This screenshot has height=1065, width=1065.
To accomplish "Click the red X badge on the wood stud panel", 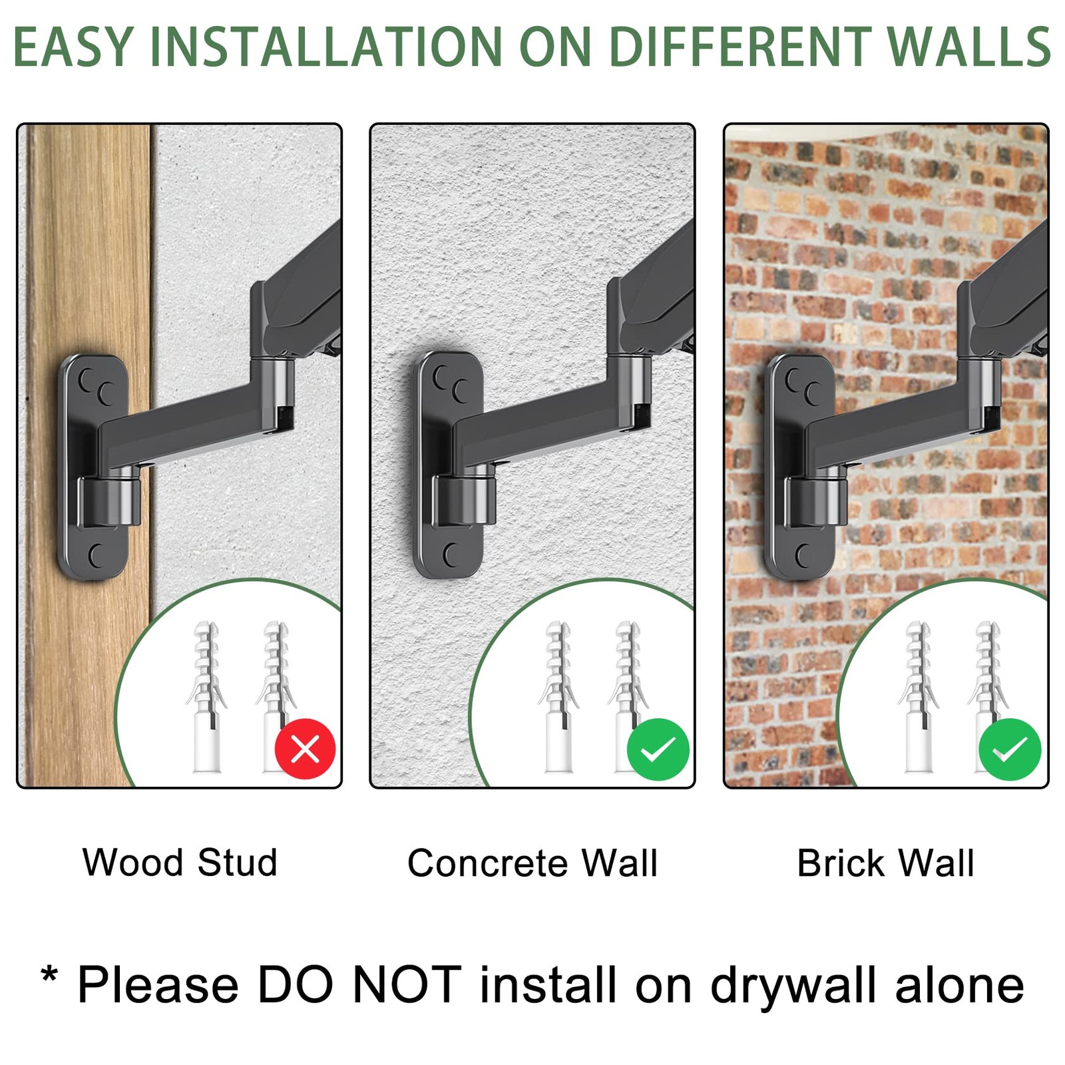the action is click(x=305, y=749).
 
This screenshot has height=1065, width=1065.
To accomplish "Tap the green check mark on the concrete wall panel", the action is click(x=658, y=749).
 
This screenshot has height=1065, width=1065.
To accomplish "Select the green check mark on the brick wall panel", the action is click(x=1010, y=749).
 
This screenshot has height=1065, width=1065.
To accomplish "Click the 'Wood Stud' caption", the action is click(x=180, y=863).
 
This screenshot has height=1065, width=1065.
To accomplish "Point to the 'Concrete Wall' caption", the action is click(x=532, y=863).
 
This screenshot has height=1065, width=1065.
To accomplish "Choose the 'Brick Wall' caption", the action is click(x=885, y=863).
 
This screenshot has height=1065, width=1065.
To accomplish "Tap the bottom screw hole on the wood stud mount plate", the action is click(x=98, y=555).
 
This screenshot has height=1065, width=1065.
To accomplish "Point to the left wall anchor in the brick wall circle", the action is click(x=918, y=697).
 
